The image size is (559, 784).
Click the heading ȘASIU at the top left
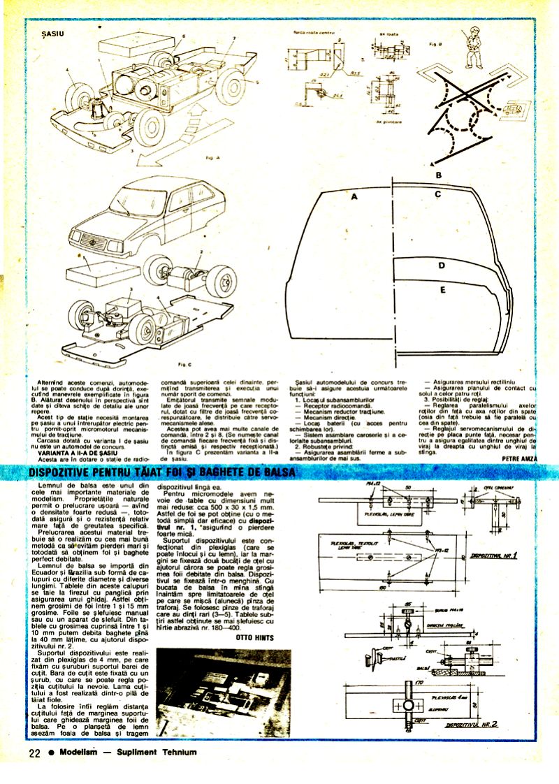point(53,33)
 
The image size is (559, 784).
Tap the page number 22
point(35,753)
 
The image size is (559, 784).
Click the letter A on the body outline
point(354,198)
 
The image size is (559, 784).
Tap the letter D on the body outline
point(442,266)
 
